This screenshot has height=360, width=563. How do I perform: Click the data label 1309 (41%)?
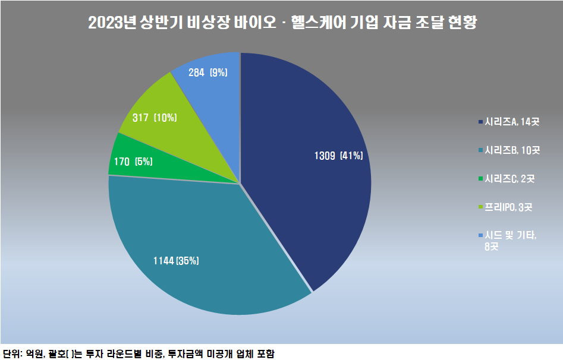point(338,156)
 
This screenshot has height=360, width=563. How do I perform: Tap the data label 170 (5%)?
point(134,161)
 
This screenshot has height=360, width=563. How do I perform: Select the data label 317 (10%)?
point(154,118)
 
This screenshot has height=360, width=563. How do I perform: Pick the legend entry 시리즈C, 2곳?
point(509,179)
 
